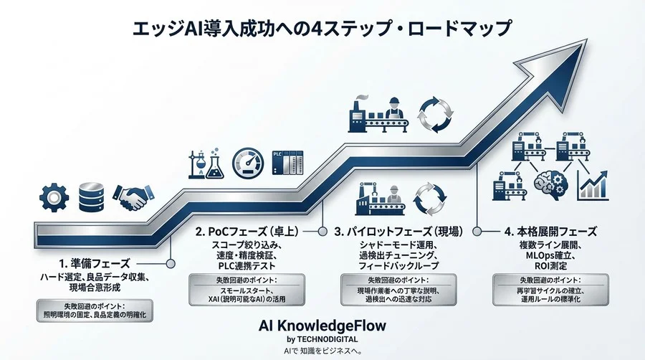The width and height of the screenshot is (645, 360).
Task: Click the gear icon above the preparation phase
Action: (54, 196)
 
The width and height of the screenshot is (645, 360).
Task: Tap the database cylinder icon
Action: (92, 197)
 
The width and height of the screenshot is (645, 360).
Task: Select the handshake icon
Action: (134, 198)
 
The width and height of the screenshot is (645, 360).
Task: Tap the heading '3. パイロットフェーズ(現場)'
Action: (398, 232)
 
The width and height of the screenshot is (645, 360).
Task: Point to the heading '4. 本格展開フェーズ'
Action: (549, 232)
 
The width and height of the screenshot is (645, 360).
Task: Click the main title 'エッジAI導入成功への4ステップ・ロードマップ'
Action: (322, 29)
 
